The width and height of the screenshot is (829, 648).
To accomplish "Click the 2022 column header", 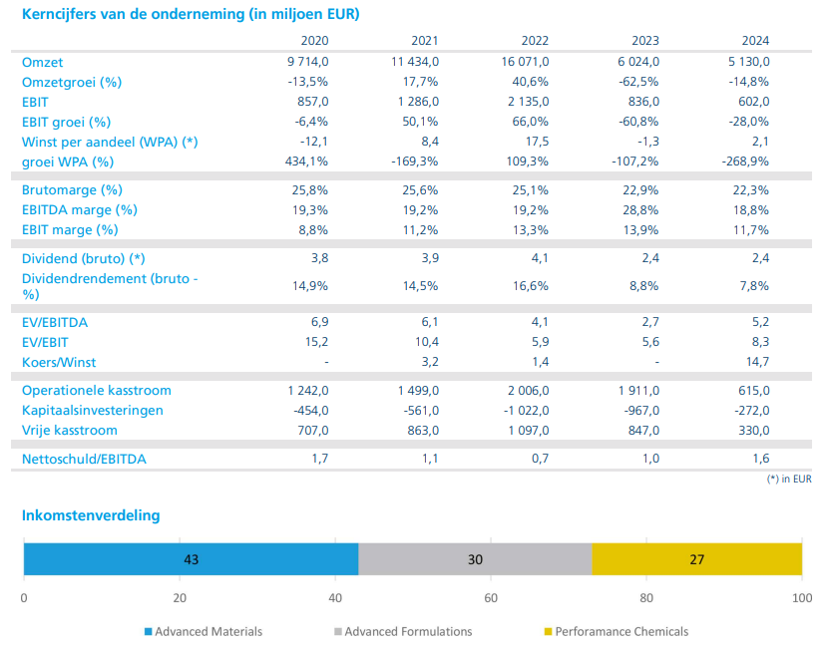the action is tap(535, 41).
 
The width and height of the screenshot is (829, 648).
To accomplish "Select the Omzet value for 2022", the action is tap(525, 62).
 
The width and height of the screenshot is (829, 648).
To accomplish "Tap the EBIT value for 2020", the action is tap(312, 102).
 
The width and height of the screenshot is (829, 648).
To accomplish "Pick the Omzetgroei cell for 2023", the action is tap(638, 82).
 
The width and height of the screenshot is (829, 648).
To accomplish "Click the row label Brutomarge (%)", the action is tap(72, 190).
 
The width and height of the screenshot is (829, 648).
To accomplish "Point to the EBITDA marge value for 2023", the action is tap(640, 210).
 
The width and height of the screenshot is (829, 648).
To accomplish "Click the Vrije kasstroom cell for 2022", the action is tap(529, 431).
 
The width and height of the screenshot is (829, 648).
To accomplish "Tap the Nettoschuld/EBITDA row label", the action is tap(84, 459).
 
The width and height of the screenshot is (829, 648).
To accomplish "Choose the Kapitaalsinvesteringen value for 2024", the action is tap(752, 410).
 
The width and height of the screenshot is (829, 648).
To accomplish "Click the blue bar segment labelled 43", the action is tap(191, 559).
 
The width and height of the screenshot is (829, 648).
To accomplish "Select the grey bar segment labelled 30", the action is tap(475, 559).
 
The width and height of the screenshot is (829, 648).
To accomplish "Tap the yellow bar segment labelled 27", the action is tap(697, 559).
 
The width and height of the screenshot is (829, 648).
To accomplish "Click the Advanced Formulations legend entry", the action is tap(403, 632).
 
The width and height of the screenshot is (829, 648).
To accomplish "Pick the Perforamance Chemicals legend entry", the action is tap(617, 632).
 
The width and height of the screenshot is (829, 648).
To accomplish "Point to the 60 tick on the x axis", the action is tap(491, 598).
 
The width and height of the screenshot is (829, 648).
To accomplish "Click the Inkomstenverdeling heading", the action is tap(91, 515).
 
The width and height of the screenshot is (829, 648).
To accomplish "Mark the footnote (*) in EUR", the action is tap(789, 479).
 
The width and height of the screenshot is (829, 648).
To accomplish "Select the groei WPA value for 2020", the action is tap(306, 162).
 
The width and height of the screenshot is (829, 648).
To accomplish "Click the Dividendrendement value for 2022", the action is tap(531, 286).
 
